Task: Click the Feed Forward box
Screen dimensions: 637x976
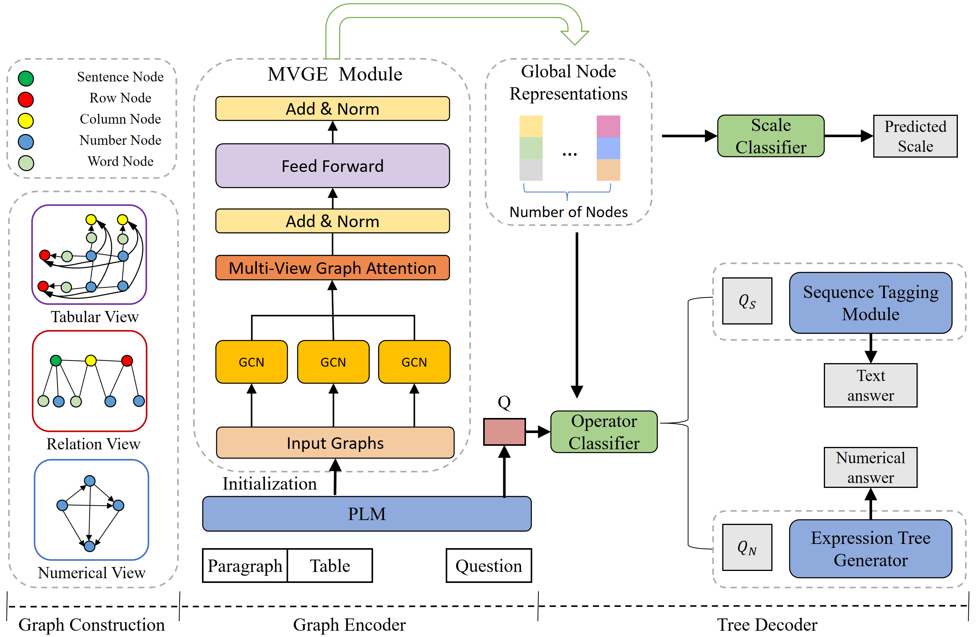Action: tap(332, 166)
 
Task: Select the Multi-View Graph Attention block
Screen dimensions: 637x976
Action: tap(332, 268)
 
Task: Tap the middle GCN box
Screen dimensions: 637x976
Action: tap(333, 362)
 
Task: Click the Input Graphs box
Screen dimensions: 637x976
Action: tap(334, 443)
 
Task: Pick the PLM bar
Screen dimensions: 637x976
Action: tap(367, 513)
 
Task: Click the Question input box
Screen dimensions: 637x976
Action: tap(489, 566)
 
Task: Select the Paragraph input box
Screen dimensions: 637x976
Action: tap(245, 566)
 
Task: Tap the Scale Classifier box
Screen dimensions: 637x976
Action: tap(771, 136)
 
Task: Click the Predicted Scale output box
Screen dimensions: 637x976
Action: tap(915, 136)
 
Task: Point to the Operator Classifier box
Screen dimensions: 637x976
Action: tap(604, 431)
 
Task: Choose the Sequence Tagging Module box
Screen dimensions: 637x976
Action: tap(870, 303)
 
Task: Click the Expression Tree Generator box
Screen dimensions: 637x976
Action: tap(870, 549)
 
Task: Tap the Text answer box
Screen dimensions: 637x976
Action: tap(870, 385)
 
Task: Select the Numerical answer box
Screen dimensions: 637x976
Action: tap(870, 467)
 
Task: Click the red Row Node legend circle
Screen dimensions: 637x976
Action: tap(26, 99)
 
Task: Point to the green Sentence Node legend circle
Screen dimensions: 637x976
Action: tap(26, 78)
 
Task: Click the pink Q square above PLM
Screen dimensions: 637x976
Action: tap(504, 431)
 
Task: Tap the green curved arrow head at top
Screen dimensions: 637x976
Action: tap(575, 37)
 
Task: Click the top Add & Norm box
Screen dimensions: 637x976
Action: tap(332, 109)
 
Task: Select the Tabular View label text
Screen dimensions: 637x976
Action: tap(94, 317)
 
